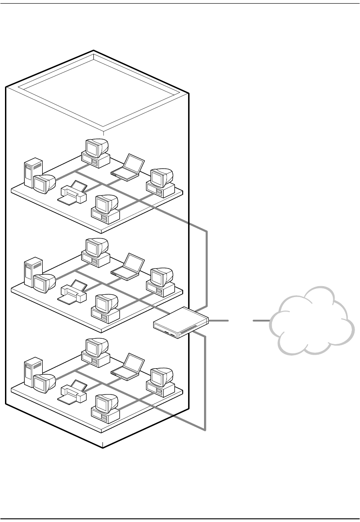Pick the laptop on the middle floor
click(128, 266)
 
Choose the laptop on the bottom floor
click(128, 367)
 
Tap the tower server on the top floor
click(32, 172)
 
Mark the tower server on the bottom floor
click(32, 372)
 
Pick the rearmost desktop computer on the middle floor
click(96, 252)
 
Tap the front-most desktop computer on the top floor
click(106, 209)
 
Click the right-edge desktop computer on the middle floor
click(161, 281)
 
